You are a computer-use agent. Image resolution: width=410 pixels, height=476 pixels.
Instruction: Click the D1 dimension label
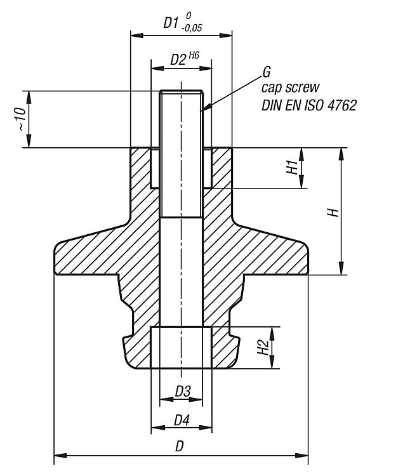[x=169, y=23]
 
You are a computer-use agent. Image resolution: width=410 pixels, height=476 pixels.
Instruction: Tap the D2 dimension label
[x=178, y=60]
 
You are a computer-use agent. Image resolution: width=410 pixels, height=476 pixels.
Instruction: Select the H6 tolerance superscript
[x=194, y=56]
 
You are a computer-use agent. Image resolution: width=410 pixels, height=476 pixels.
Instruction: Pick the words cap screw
[x=290, y=88]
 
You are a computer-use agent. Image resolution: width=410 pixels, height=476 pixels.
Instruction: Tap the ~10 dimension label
[x=20, y=119]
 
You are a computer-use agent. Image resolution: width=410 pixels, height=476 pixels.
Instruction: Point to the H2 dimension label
[x=262, y=348]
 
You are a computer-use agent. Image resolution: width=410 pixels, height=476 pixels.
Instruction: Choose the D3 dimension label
[x=182, y=392]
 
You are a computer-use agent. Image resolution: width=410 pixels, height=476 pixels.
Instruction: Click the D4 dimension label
[x=182, y=421]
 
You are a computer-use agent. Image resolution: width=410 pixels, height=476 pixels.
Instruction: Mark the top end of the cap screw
[x=182, y=90]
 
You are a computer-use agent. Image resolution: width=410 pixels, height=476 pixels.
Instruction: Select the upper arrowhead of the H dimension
[x=341, y=153]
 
